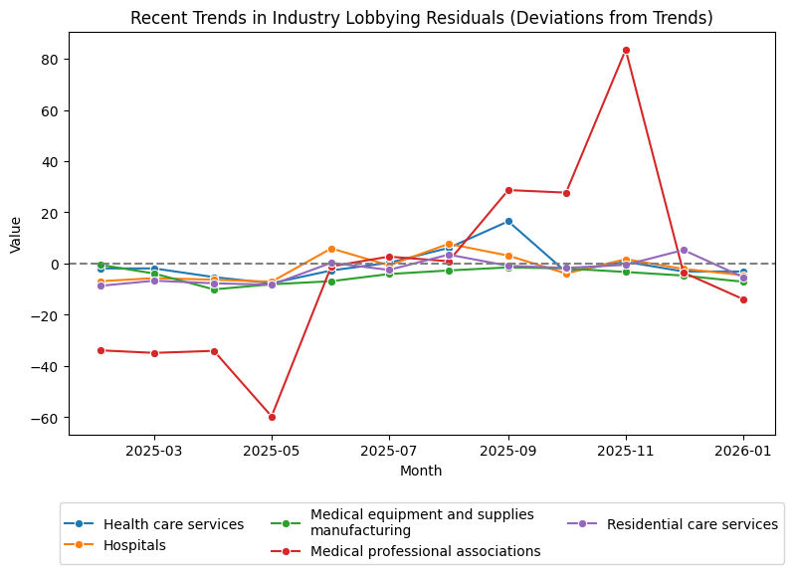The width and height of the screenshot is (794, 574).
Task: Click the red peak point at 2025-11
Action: coord(626,50)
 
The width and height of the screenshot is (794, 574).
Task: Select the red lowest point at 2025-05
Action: coord(272,417)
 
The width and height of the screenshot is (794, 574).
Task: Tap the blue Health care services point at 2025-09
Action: coord(508,221)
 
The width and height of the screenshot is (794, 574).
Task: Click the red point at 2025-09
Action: coord(508,190)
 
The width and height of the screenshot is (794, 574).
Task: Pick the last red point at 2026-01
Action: coord(743,299)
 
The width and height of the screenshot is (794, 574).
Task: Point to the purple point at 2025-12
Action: coord(684,250)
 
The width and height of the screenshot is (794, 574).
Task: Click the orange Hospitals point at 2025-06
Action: coord(331,249)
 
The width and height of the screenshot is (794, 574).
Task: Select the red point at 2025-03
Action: coord(154,353)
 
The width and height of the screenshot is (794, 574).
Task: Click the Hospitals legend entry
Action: coord(135,546)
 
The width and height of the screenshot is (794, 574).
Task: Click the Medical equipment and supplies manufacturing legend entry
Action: coord(422,523)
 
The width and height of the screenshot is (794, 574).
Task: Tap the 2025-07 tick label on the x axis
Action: coord(389,451)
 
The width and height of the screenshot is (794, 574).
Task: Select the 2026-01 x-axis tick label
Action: coord(743,451)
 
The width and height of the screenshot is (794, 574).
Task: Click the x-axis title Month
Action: coord(421,471)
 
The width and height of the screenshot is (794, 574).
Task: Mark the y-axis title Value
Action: coord(15,234)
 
